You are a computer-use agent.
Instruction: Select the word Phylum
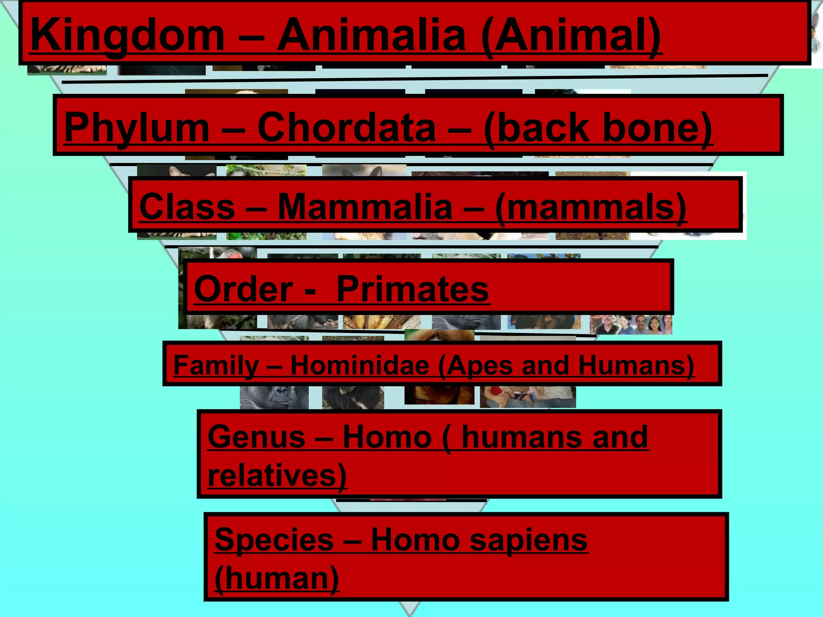coord(137,128)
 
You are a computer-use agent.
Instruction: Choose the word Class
coord(187,206)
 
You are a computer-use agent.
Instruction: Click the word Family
coord(216,365)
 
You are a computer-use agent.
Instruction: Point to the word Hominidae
coord(360,365)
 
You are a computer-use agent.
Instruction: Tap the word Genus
coord(256,437)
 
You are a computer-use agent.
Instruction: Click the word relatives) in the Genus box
coord(277,475)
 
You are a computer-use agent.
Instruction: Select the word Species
coord(274,539)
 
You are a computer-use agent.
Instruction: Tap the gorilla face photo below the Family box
coord(274,397)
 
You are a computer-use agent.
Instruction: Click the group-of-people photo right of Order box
coord(631,325)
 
